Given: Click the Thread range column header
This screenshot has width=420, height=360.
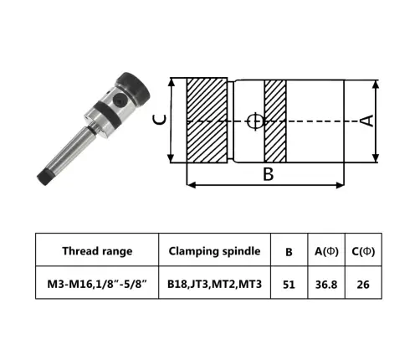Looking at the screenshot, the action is click(97, 250).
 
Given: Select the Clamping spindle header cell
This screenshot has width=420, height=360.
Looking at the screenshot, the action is click(214, 250).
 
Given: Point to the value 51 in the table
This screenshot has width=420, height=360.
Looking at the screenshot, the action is click(289, 285).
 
